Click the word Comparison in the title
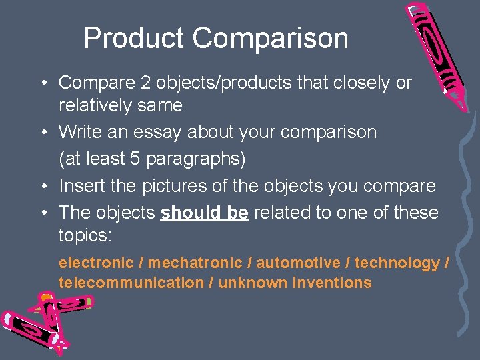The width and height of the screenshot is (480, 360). pos(271,38)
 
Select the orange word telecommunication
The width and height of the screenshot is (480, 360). pos(131,283)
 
